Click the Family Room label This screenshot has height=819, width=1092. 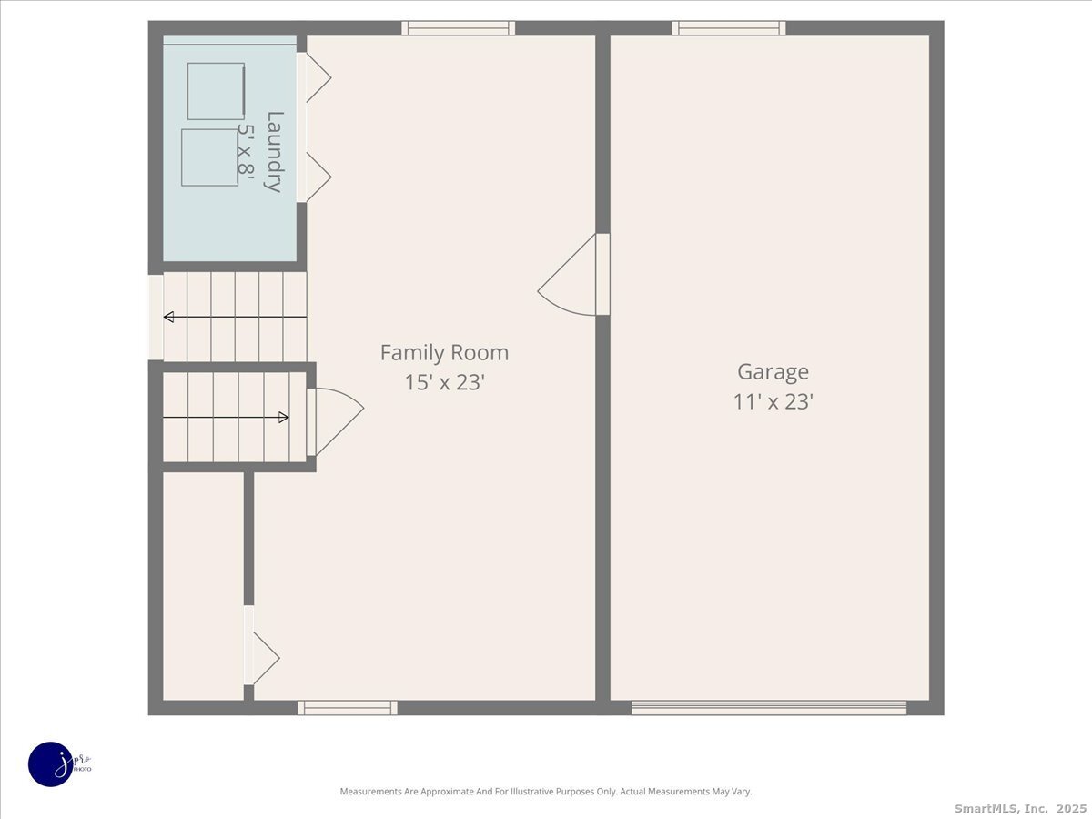(x=444, y=353)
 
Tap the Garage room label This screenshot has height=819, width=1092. (x=773, y=372)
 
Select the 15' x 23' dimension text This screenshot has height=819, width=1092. (x=444, y=383)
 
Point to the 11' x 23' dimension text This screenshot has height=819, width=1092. (x=773, y=402)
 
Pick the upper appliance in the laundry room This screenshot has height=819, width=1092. (x=216, y=91)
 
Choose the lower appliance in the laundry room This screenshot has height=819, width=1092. (x=209, y=157)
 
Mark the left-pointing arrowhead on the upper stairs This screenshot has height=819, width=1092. (x=169, y=317)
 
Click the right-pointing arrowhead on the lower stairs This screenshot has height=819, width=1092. (x=283, y=418)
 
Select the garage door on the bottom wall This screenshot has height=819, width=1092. (x=769, y=707)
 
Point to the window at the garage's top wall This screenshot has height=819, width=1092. (x=729, y=28)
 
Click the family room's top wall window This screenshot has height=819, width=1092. (x=459, y=28)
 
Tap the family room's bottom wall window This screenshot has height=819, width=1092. (x=348, y=707)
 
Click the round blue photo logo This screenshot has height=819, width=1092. (x=51, y=764)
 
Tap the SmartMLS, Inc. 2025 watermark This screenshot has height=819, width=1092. (x=1019, y=808)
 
